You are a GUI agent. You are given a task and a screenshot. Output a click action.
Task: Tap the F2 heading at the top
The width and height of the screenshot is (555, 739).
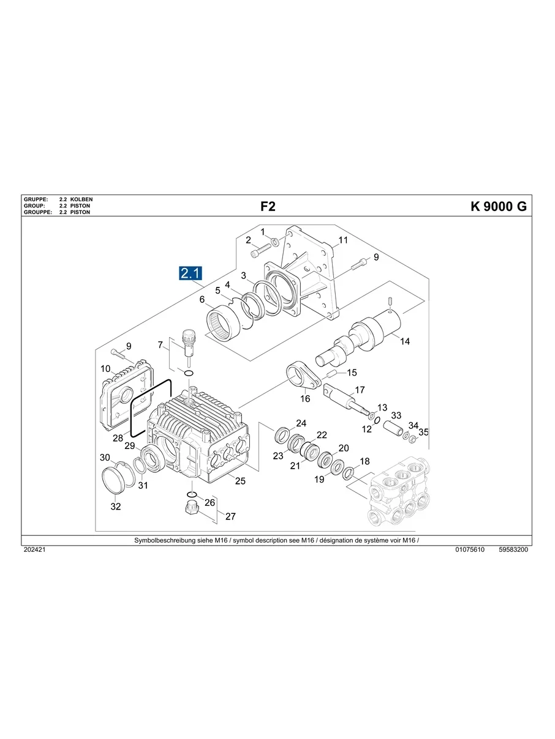tap(268, 207)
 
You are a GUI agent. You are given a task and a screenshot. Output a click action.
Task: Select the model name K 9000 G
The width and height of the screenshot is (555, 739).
tap(498, 207)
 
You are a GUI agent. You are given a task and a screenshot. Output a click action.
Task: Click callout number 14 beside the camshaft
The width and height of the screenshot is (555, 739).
tap(405, 341)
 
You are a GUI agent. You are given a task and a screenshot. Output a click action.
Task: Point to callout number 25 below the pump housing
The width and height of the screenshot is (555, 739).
tap(240, 481)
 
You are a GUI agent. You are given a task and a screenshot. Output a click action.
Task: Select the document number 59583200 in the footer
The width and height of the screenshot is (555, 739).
tap(513, 550)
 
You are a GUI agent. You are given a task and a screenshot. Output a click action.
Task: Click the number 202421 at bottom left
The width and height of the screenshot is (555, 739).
tap(34, 550)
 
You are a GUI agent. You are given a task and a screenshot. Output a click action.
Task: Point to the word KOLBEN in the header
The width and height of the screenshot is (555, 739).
tap(81, 200)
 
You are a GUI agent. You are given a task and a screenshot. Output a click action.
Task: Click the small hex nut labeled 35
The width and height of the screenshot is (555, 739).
tap(413, 439)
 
